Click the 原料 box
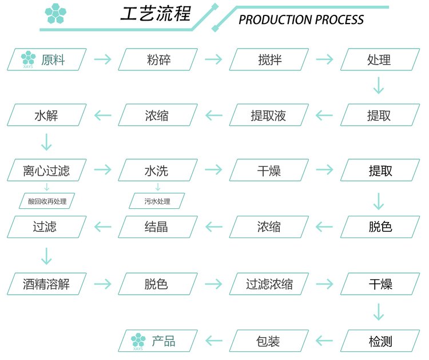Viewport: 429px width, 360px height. (x=47, y=60)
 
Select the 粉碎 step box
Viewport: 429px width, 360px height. (x=158, y=60)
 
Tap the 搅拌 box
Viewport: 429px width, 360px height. (x=269, y=60)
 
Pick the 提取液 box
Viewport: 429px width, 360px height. (x=269, y=115)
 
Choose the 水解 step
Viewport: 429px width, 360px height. (x=47, y=115)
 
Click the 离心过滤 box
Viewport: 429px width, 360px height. (x=47, y=170)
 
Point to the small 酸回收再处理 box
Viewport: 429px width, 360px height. (x=47, y=201)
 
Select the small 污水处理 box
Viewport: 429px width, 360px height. (x=157, y=201)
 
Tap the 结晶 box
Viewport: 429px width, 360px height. (x=158, y=227)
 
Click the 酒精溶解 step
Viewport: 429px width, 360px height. (x=47, y=284)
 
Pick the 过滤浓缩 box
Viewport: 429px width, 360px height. (x=269, y=284)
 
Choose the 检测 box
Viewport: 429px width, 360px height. (x=380, y=341)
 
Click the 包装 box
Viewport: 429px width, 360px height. (x=269, y=341)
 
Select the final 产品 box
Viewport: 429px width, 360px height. (x=158, y=341)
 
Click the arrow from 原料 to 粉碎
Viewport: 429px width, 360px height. (x=102, y=59)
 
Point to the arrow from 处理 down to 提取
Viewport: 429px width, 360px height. (x=379, y=85)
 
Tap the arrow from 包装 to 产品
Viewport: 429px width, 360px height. (x=214, y=341)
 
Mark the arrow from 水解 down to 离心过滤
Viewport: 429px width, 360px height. (x=46, y=142)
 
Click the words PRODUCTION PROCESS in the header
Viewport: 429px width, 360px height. (x=301, y=19)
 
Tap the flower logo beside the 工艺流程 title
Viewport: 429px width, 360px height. (x=55, y=13)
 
